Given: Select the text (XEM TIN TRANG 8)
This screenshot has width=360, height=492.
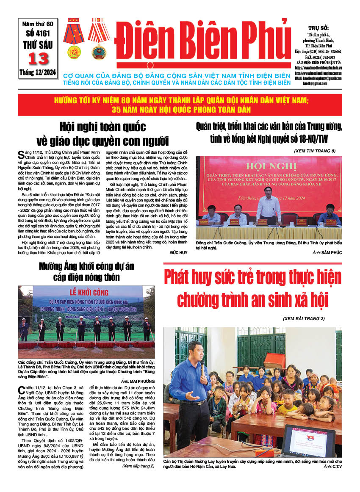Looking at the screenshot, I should point(314,151).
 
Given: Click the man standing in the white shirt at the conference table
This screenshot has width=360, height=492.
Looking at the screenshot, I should point(268,205).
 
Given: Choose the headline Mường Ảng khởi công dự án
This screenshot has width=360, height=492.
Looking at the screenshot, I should point(86,266).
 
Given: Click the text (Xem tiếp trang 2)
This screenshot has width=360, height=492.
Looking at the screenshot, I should point(138,466).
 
